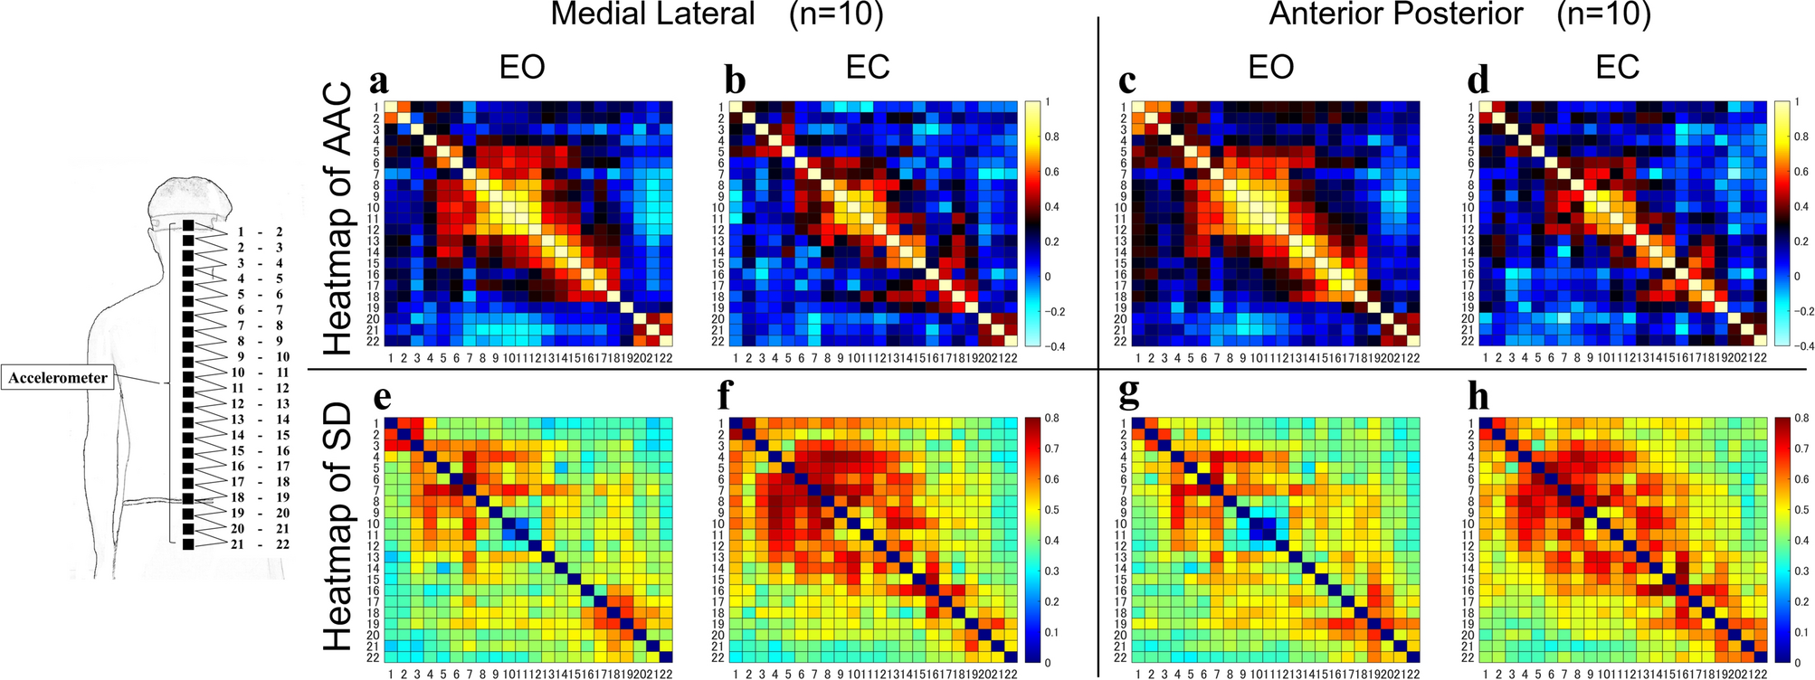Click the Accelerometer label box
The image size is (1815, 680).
pos(59,378)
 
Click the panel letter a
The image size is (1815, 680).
pos(379,81)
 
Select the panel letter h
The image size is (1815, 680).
pos(1479,397)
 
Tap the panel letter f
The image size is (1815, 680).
pos(735,396)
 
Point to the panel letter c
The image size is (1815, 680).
pos(1126,81)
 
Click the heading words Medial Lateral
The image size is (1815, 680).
pos(652,14)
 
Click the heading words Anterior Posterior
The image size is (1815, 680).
pos(1395,14)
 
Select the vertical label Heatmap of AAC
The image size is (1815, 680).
pos(337,219)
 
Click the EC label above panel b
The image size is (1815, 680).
pos(868,67)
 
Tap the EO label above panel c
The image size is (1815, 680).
pos(1270,67)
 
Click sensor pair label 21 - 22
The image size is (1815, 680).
pos(259,544)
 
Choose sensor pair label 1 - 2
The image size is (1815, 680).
pos(259,232)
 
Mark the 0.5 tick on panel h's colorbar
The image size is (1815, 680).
pos(1802,510)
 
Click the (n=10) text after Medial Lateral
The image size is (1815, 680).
pos(835,14)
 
